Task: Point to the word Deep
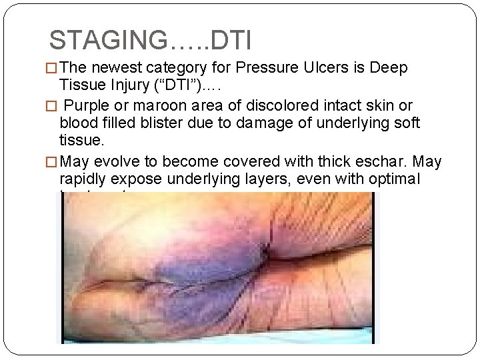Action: [x=388, y=69]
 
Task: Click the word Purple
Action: [x=91, y=106]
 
